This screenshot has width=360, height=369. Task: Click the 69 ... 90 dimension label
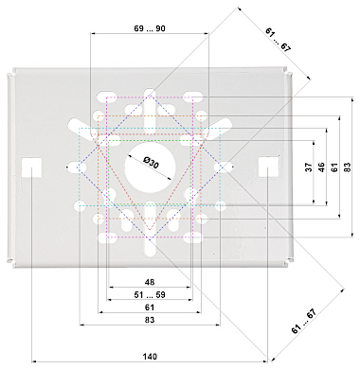click(150, 28)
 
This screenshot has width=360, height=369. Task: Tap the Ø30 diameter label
click(151, 163)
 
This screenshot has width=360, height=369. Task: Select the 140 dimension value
click(150, 357)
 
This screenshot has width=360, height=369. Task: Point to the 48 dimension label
click(150, 282)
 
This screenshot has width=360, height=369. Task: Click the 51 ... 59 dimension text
click(150, 294)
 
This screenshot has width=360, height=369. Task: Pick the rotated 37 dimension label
click(309, 167)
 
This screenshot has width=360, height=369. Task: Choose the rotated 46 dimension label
click(321, 167)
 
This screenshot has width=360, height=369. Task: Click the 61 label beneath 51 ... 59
click(150, 307)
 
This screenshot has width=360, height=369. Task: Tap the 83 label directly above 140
click(150, 320)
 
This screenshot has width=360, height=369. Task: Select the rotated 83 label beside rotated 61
click(347, 167)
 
